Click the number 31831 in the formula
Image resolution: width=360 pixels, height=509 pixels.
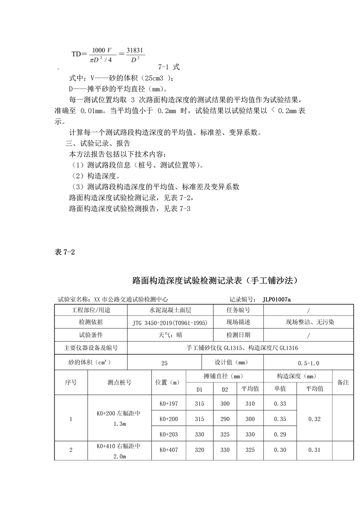[135, 50]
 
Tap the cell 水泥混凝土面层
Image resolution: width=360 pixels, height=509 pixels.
[171, 310]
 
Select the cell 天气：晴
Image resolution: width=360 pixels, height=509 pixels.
[171, 335]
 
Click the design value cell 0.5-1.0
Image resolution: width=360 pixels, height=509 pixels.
[309, 363]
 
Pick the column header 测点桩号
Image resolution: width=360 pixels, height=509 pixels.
[119, 382]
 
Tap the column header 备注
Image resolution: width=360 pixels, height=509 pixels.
[343, 382]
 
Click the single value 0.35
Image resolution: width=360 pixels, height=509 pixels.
[280, 419]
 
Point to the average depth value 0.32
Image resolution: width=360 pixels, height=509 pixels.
[315, 419]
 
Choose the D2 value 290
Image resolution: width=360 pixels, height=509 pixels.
[225, 419]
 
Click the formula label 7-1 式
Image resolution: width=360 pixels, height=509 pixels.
[169, 67]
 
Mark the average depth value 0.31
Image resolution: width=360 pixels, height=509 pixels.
[315, 450]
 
